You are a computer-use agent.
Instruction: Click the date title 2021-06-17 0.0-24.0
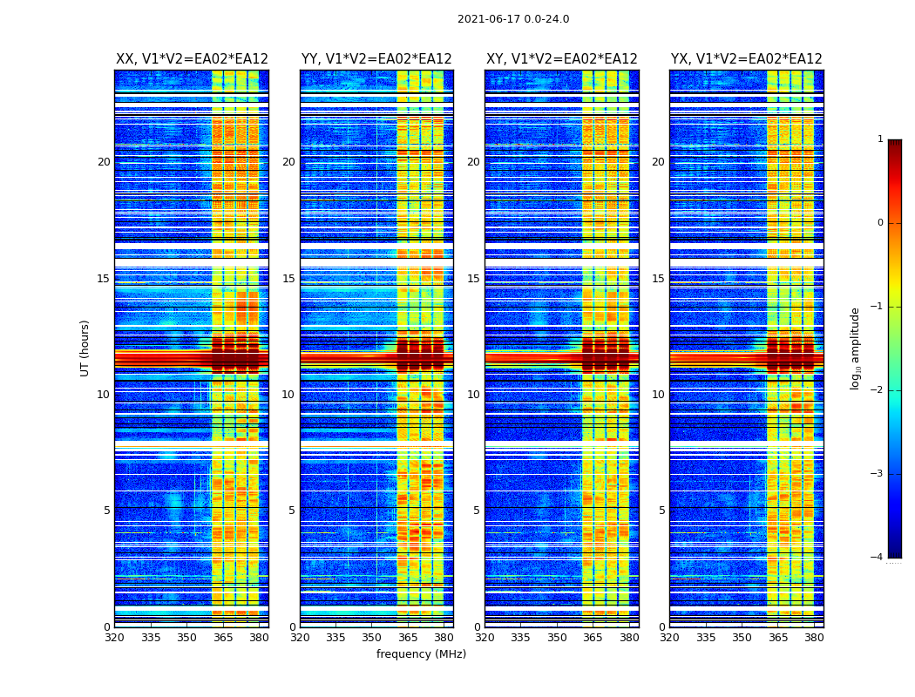tap(513, 19)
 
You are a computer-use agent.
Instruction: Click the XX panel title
tap(192, 59)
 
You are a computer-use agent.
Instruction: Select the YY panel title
tap(376, 59)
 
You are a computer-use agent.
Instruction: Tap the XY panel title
tap(561, 59)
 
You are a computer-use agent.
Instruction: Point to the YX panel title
tap(746, 59)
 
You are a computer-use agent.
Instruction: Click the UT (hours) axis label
tap(85, 348)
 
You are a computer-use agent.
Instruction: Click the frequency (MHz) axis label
tap(421, 654)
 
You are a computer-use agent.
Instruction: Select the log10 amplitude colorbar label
tap(856, 348)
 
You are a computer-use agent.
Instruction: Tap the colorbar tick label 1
tap(880, 139)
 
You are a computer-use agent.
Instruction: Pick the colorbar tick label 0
tap(880, 223)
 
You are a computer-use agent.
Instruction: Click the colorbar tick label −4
tap(878, 558)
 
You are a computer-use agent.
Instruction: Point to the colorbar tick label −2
tap(878, 390)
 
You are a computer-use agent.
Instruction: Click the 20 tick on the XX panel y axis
tap(104, 162)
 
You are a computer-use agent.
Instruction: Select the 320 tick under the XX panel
tap(114, 638)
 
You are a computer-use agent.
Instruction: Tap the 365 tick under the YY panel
tap(408, 638)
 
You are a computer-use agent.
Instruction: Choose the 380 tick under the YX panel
tap(814, 638)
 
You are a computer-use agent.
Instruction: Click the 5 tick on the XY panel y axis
tap(477, 511)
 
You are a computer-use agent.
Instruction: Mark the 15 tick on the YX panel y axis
tap(659, 279)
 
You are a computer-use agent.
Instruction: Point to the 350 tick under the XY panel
tap(557, 638)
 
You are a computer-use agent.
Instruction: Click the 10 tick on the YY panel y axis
tap(288, 395)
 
